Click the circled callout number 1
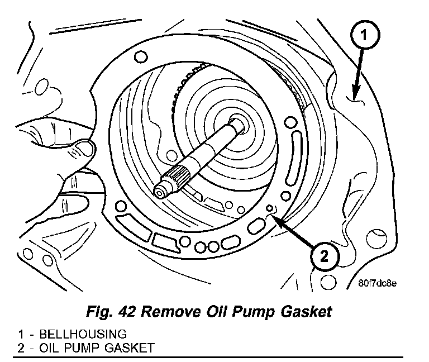point(363,37)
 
